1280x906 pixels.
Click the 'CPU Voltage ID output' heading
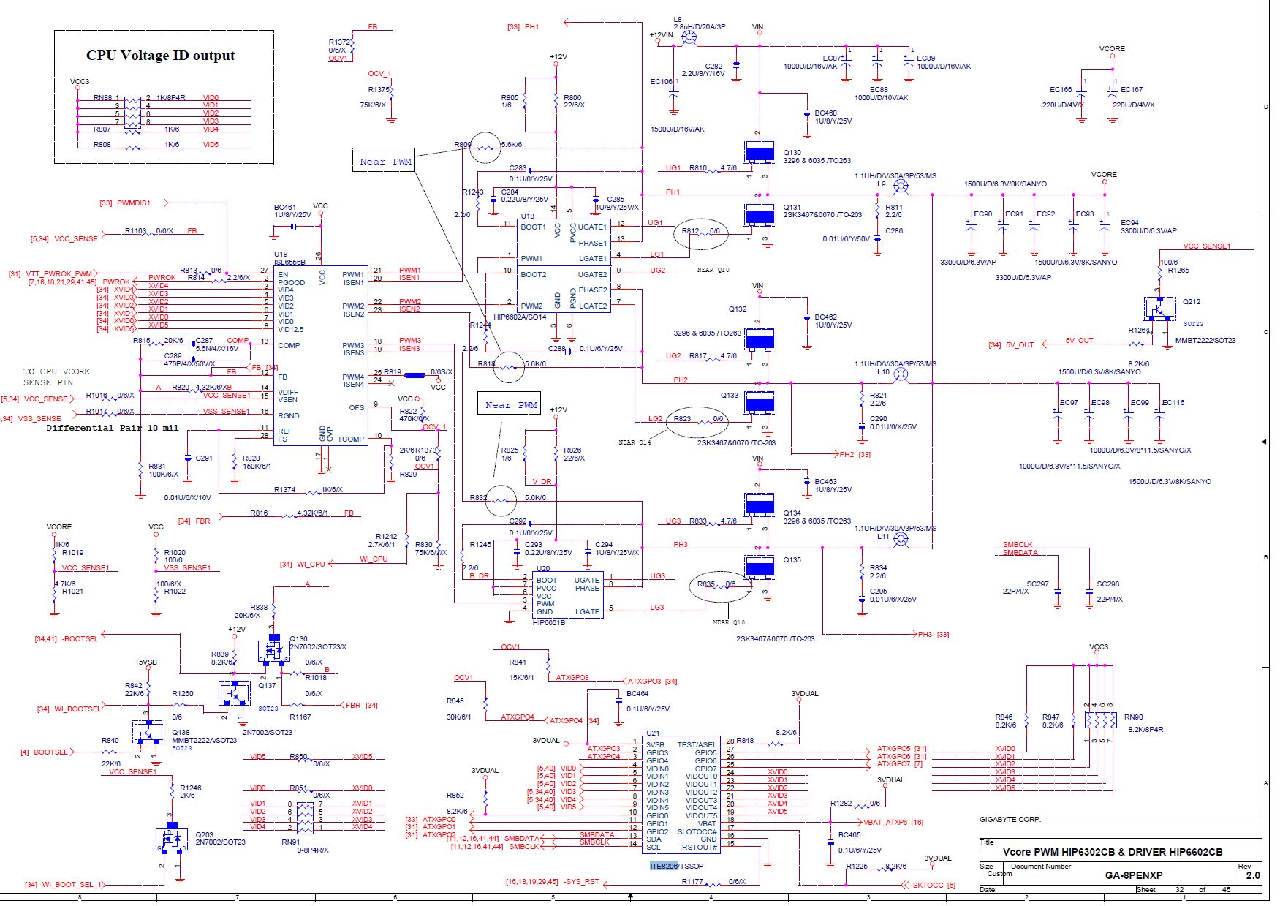pyautogui.click(x=160, y=56)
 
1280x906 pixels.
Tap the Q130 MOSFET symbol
pyautogui.click(x=760, y=152)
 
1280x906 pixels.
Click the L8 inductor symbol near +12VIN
pyautogui.click(x=688, y=37)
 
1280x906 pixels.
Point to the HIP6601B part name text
pyautogui.click(x=549, y=623)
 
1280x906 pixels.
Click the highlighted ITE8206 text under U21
pyautogui.click(x=664, y=866)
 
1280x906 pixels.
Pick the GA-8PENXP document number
pyautogui.click(x=1133, y=875)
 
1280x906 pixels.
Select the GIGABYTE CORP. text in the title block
pyautogui.click(x=1010, y=820)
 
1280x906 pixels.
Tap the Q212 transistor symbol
pyautogui.click(x=1159, y=309)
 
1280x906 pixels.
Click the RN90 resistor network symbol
pyautogui.click(x=1100, y=720)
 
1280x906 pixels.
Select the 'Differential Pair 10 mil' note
pyautogui.click(x=112, y=428)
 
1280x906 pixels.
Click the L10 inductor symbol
pyautogui.click(x=901, y=374)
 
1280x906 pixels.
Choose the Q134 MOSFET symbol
pyautogui.click(x=760, y=505)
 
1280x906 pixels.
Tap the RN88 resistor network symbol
pyautogui.click(x=132, y=113)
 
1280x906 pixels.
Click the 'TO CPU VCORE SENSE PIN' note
pyautogui.click(x=56, y=377)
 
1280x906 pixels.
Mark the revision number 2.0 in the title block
pyautogui.click(x=1253, y=875)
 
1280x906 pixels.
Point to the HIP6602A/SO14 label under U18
pyautogui.click(x=520, y=317)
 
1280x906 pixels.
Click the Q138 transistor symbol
pyautogui.click(x=148, y=731)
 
